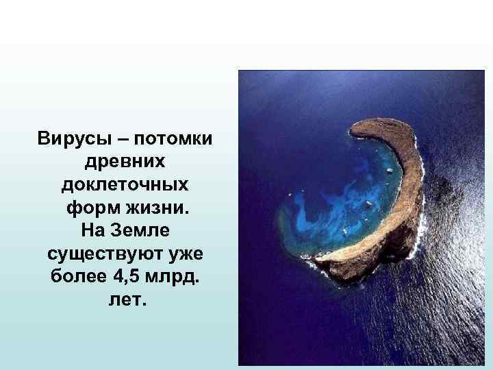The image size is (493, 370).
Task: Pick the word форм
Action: [90, 208]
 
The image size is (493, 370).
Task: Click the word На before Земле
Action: [94, 230]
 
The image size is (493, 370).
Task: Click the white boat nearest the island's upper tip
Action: [389, 171]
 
